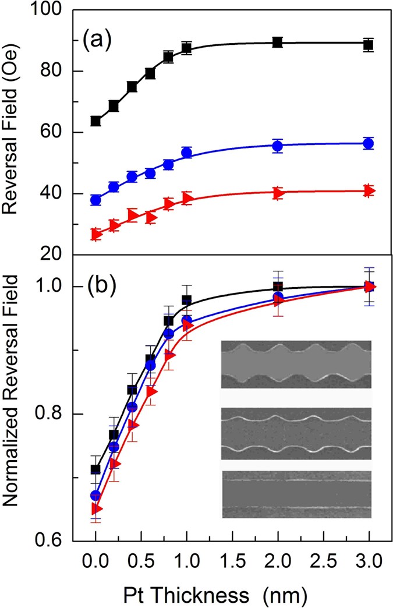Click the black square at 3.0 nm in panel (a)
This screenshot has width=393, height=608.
368,44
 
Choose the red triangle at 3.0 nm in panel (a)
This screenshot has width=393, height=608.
368,190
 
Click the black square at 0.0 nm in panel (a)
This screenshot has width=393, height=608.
96,121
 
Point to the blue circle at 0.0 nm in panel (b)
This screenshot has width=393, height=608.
96,495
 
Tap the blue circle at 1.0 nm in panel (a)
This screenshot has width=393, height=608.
187,153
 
